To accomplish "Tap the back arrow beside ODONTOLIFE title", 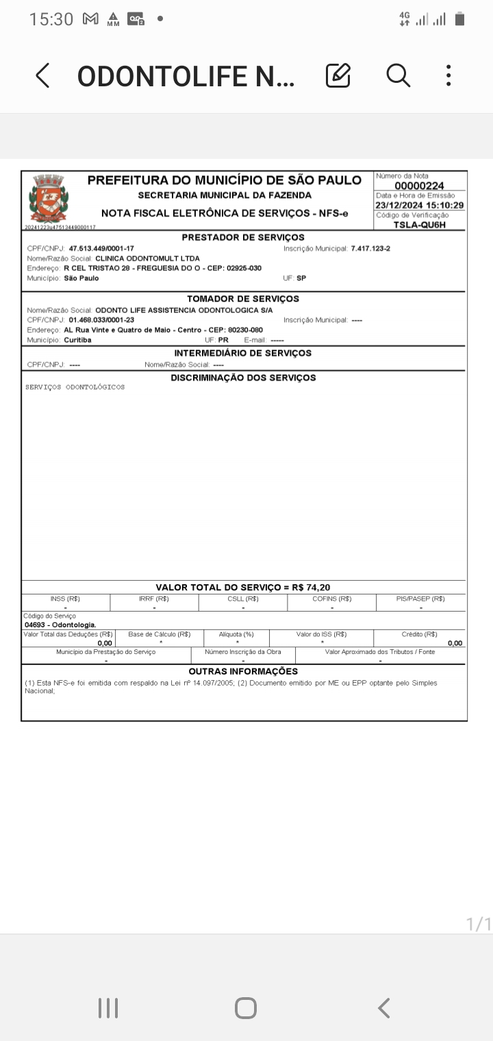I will (42, 75).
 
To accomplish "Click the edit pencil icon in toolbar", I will (338, 75).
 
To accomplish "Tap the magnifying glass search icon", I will (398, 75).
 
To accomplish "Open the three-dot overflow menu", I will (448, 75).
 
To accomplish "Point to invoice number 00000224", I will (419, 186).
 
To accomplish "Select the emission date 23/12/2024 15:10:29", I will (420, 205).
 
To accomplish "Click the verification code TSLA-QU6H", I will (420, 224).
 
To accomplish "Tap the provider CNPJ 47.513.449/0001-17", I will (101, 248).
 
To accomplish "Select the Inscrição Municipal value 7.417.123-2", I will (370, 248).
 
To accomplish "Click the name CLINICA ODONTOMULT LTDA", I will (147, 258).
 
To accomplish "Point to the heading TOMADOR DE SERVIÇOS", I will (243, 299).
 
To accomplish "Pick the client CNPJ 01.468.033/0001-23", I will (101, 320).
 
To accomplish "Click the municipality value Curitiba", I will (77, 340).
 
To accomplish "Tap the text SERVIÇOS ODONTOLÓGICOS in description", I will (75, 388).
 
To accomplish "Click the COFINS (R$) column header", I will (332, 599).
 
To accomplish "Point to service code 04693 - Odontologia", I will (60, 625).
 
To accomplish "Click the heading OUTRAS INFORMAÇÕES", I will (243, 671).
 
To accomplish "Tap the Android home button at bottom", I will (246, 1008).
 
